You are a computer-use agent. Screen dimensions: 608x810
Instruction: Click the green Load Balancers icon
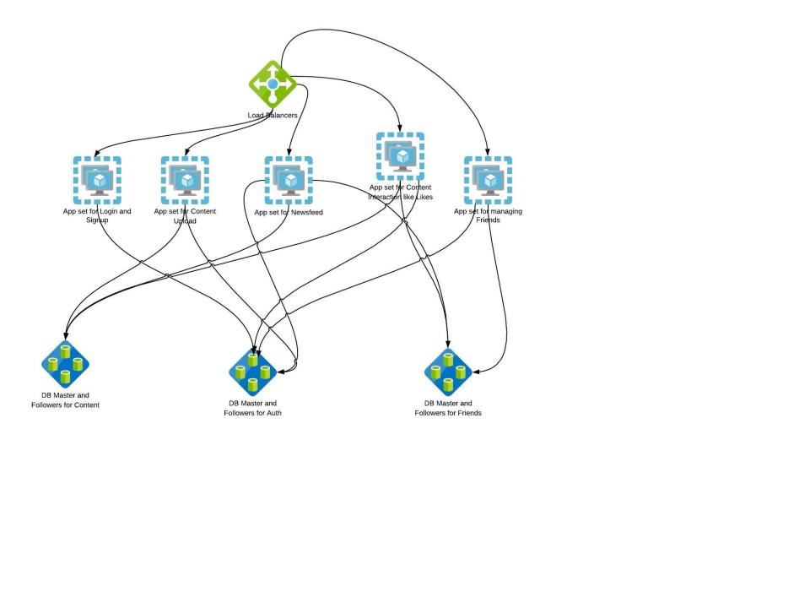point(273,84)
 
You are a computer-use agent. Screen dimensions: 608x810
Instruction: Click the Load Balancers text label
point(272,115)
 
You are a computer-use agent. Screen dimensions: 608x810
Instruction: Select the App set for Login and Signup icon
point(97,180)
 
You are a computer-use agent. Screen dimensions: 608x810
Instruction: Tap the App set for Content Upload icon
point(185,180)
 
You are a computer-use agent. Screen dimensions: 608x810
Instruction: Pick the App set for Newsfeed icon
point(289,180)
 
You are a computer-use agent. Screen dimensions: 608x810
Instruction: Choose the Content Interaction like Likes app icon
point(400,156)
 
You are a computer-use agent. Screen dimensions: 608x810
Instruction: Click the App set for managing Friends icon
point(488,180)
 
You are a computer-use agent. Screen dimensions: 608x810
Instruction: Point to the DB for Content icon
point(65,364)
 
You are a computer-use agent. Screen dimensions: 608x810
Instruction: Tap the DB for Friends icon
point(448,372)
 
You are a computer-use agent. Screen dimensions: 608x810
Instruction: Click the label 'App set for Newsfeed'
point(289,213)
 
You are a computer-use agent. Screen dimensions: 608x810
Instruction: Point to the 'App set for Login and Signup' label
point(97,216)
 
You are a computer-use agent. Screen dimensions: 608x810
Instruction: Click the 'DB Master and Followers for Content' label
point(65,400)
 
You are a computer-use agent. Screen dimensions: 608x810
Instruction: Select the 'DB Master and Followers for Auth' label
point(252,408)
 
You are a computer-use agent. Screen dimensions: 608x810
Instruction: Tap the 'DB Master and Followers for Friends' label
point(448,408)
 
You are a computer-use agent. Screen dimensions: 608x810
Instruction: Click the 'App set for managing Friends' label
point(488,216)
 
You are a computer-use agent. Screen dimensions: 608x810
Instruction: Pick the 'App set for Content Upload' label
point(185,216)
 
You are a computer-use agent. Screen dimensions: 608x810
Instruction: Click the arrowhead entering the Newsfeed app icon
point(289,153)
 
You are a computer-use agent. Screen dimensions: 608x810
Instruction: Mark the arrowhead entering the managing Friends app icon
point(488,153)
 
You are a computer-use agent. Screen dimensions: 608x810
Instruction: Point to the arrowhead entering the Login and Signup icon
point(98,153)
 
